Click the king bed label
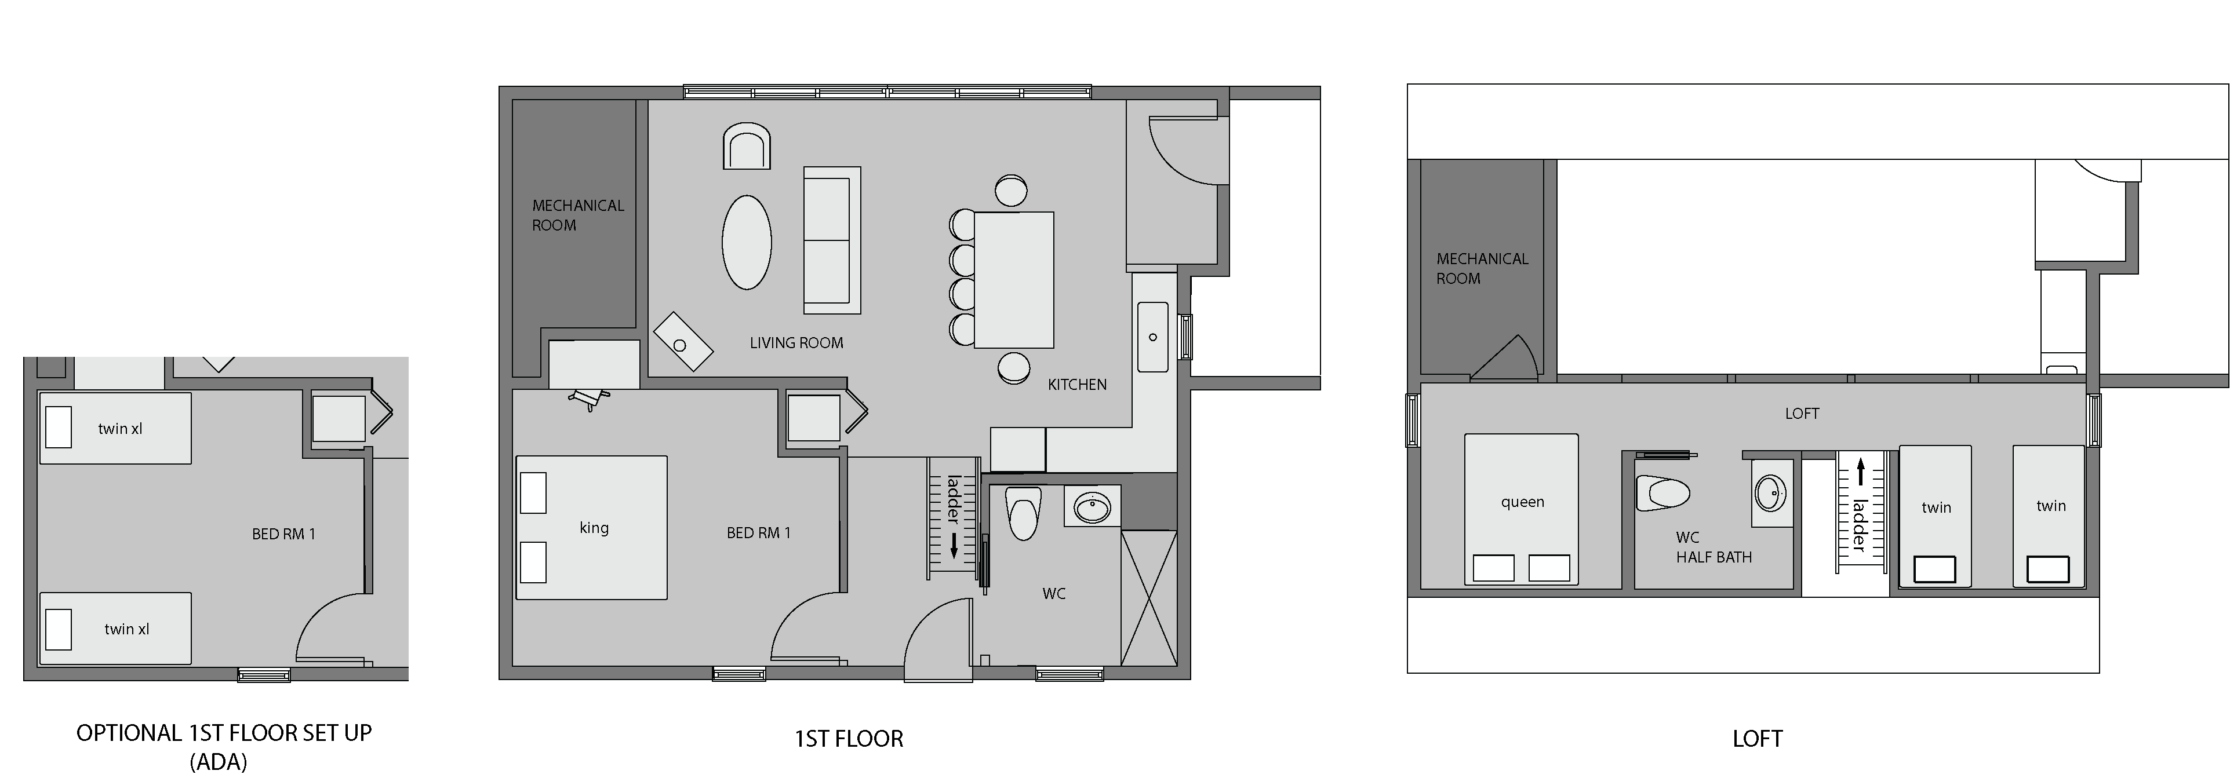(x=594, y=528)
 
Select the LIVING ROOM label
(x=796, y=343)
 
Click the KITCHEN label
(x=1077, y=384)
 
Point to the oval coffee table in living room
(x=746, y=242)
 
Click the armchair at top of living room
(x=746, y=145)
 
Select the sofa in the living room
(x=832, y=240)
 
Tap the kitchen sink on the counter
(x=1152, y=337)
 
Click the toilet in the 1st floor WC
(x=1023, y=512)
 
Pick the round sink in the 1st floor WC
(x=1093, y=506)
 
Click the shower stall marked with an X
(x=1149, y=598)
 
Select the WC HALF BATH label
(x=1713, y=547)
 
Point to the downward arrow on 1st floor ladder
(x=954, y=545)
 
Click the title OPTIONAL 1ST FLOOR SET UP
(x=224, y=733)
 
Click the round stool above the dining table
(x=1011, y=191)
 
